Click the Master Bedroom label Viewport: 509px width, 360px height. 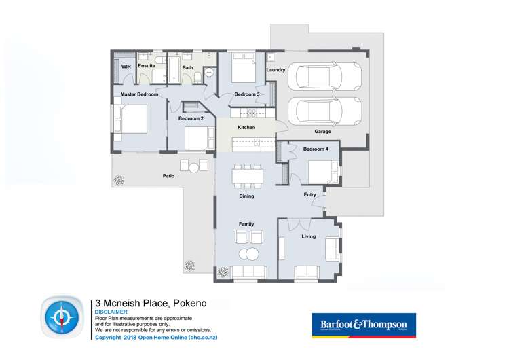click(139, 94)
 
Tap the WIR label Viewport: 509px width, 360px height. click(126, 67)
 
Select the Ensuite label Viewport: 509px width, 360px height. click(147, 66)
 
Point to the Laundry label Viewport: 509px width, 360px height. click(276, 70)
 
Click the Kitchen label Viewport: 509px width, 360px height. click(246, 128)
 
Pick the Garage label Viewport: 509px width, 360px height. click(322, 132)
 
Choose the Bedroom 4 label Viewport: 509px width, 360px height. click(316, 149)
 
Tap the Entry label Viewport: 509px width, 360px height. click(309, 195)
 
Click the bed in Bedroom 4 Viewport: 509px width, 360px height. click(321, 171)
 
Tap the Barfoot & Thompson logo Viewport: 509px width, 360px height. click(363, 325)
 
